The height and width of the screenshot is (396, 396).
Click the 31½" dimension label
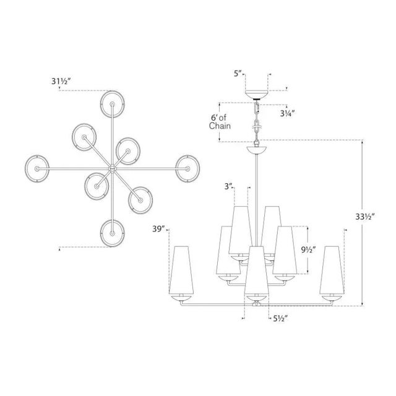point(61,81)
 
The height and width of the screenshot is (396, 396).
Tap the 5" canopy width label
point(238,74)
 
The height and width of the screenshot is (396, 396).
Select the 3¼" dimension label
point(287,114)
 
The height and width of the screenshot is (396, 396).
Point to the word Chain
point(220,126)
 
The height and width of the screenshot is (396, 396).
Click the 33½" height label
point(364,217)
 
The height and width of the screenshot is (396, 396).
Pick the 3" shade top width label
point(228,186)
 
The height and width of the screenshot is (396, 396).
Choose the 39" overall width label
point(158,229)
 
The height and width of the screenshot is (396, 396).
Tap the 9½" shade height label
point(308,250)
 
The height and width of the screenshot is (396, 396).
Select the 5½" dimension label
point(280,319)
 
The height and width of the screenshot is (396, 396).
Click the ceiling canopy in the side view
point(257,95)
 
